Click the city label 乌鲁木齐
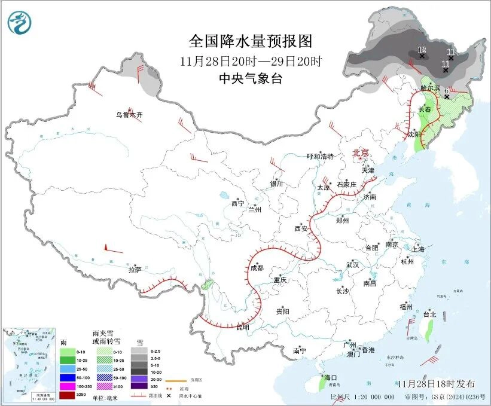pyautogui.click(x=130, y=114)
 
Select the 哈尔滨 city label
pyautogui.click(x=430, y=88)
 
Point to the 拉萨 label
pyautogui.click(x=135, y=270)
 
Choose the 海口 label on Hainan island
pyautogui.click(x=331, y=378)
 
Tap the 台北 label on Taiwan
pyautogui.click(x=429, y=314)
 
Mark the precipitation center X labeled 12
pyautogui.click(x=422, y=56)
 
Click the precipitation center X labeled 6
pyautogui.click(x=447, y=96)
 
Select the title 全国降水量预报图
pyautogui.click(x=251, y=41)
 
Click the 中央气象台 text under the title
pyautogui.click(x=251, y=79)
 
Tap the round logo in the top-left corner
pyautogui.click(x=19, y=23)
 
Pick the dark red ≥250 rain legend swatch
pyautogui.click(x=67, y=395)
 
